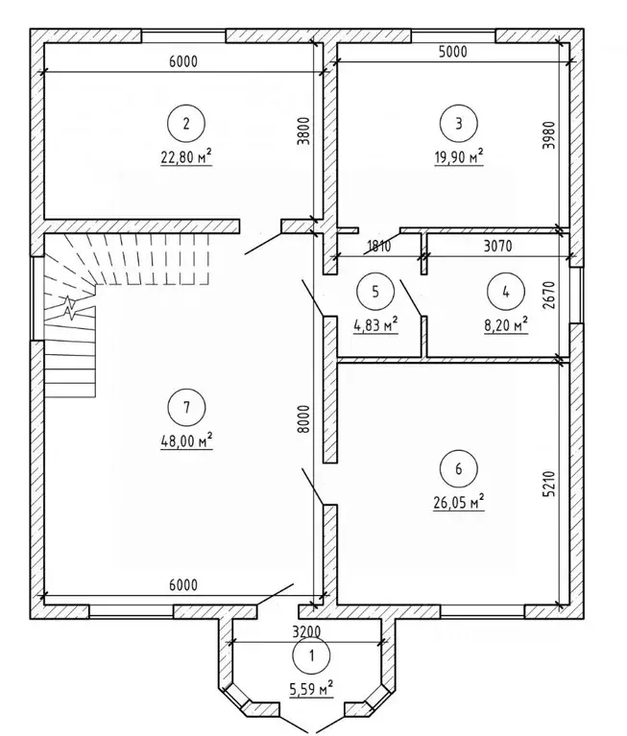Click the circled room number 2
tap(186, 124)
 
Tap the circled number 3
tap(458, 124)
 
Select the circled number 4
tap(505, 292)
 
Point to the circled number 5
tap(375, 292)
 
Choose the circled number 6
tap(458, 468)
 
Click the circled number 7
tap(186, 407)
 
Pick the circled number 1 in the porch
tap(311, 655)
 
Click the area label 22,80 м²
tap(186, 156)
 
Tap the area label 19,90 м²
tap(459, 156)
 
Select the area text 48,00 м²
tap(186, 440)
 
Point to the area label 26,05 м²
tap(458, 502)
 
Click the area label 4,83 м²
tap(375, 324)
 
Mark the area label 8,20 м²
tap(506, 324)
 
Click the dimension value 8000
tap(304, 418)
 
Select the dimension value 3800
tap(304, 130)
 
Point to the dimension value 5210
tap(550, 484)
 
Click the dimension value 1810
tap(378, 246)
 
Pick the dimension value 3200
tap(306, 631)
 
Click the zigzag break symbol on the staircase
tap(69, 307)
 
